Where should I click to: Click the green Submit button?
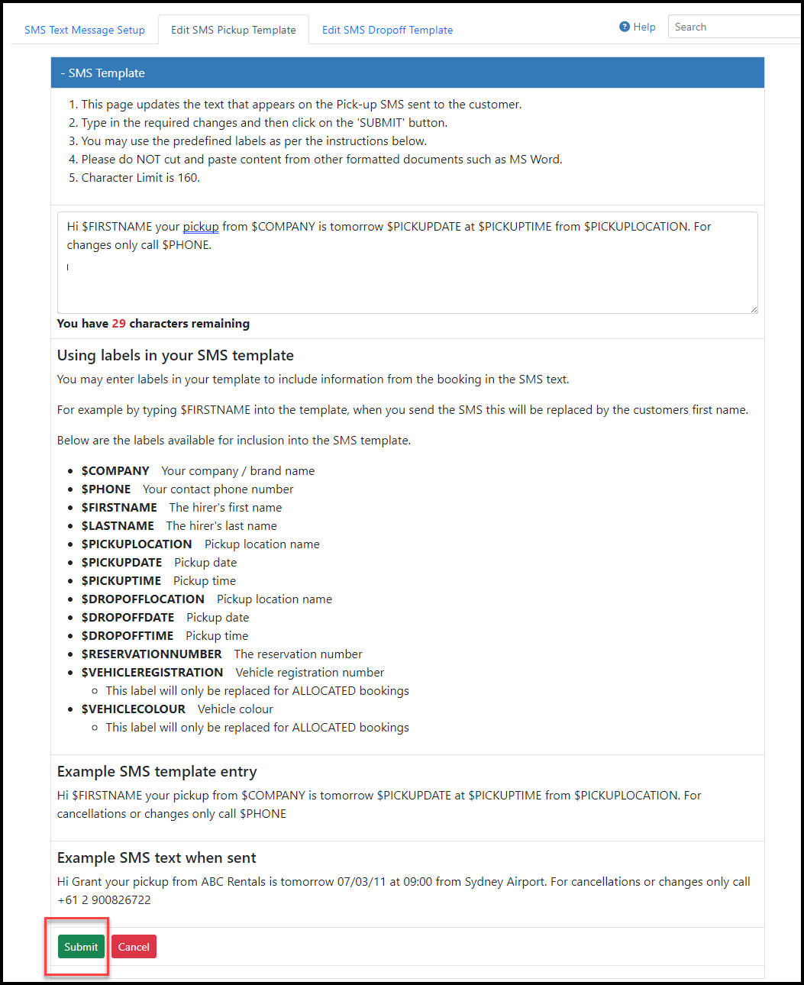81,947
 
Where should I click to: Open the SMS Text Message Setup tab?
84,30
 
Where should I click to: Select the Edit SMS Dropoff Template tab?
387,30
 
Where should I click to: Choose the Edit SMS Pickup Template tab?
233,30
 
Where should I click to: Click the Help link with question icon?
638,27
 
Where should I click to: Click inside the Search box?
733,27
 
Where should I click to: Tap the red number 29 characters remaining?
118,324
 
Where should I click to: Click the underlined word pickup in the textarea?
201,227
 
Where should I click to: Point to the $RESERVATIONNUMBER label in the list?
151,654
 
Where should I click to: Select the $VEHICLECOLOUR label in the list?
133,709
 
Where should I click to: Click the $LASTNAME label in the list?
118,526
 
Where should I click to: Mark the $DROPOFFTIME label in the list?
128,636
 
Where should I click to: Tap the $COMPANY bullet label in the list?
115,471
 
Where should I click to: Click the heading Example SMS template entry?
157,772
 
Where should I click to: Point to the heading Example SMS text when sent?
157,858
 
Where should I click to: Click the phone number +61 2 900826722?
104,900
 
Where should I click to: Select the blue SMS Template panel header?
407,73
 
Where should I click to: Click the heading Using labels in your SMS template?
175,356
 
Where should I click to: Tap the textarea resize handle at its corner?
754,308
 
